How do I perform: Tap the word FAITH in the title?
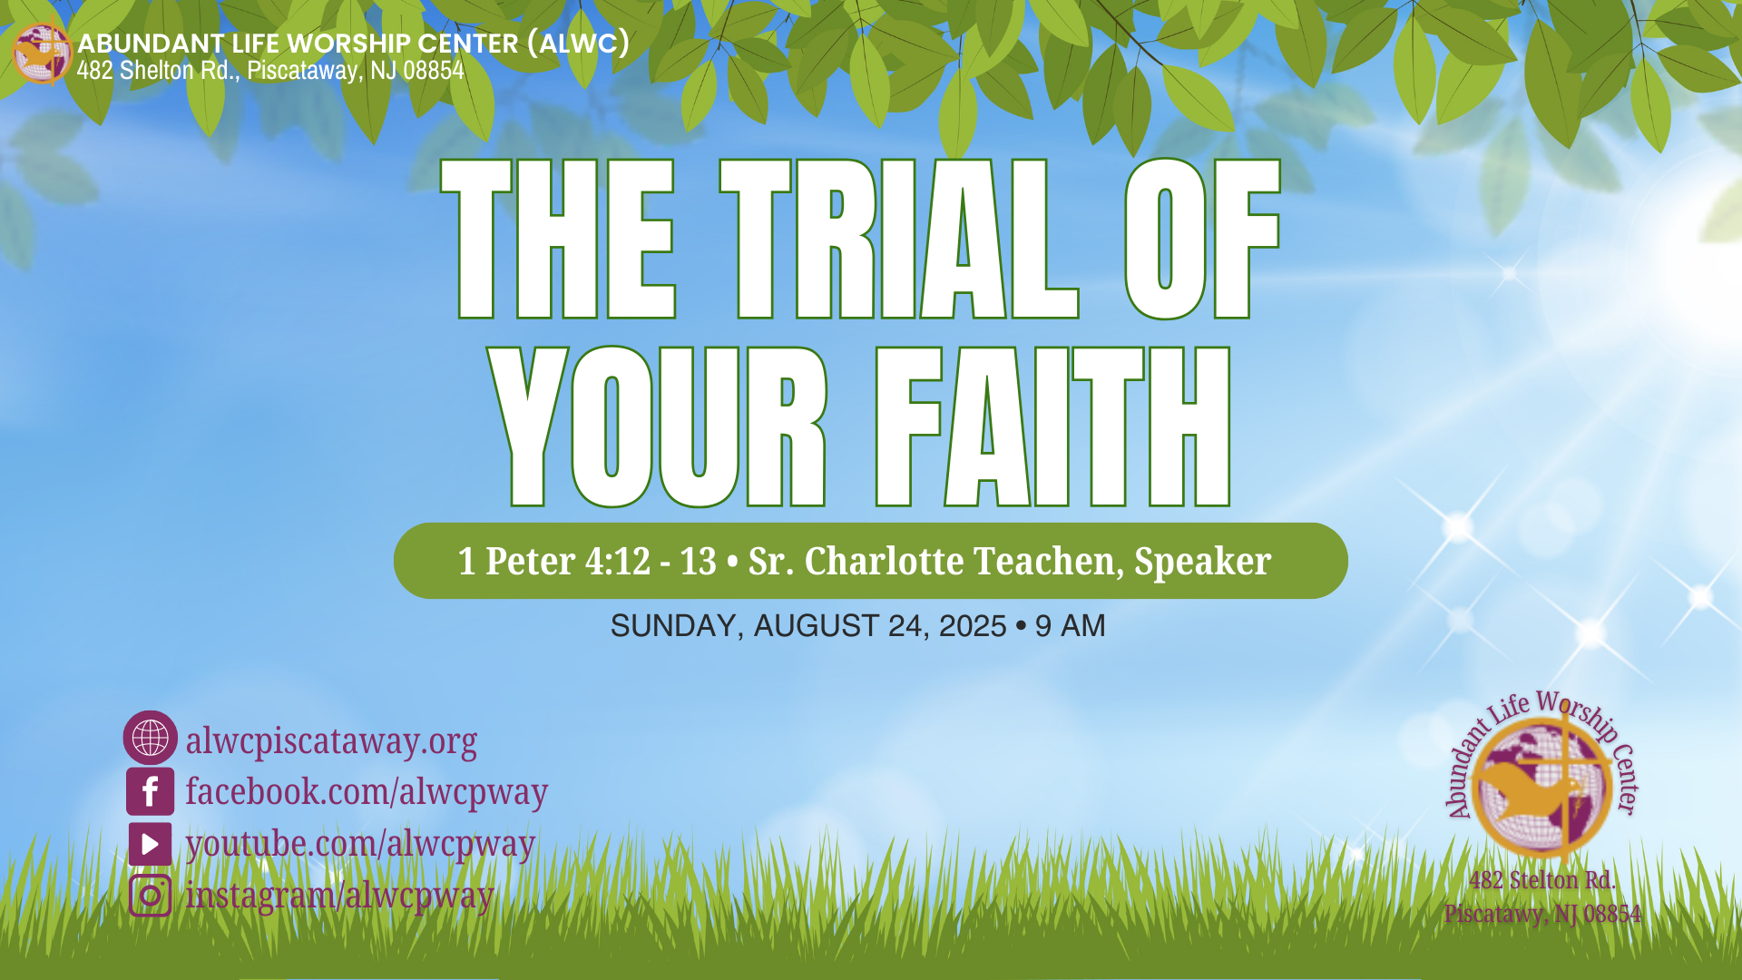click(x=1053, y=426)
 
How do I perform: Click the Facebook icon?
click(x=150, y=791)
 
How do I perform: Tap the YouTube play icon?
click(x=150, y=844)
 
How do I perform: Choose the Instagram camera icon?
click(x=150, y=896)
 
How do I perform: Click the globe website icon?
click(x=150, y=737)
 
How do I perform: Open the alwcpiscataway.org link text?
click(x=331, y=741)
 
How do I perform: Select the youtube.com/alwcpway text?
click(x=360, y=844)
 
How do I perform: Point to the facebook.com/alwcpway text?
click(x=367, y=791)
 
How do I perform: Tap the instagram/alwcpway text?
click(x=339, y=896)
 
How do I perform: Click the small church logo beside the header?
click(x=41, y=54)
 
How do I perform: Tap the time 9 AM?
click(x=1071, y=626)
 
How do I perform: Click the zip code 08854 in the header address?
click(x=434, y=70)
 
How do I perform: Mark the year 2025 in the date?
click(x=973, y=626)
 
